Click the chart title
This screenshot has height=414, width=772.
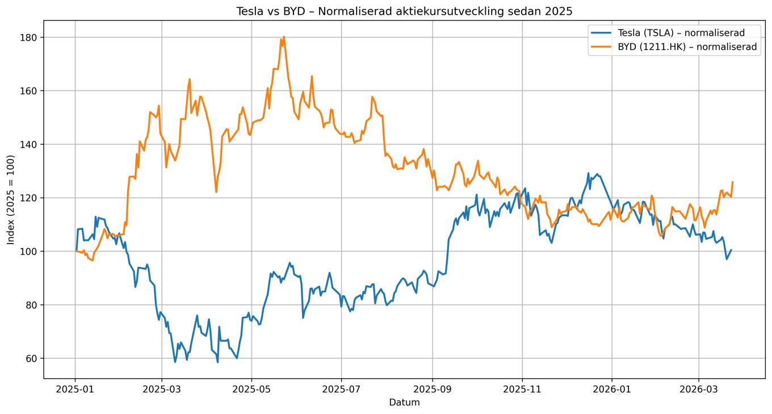(404, 11)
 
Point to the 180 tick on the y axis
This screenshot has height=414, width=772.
(30, 37)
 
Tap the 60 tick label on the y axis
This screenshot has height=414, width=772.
(32, 358)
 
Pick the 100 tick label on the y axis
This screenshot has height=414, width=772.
(30, 252)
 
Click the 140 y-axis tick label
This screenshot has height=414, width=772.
(30, 144)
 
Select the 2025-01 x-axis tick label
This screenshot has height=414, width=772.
(75, 390)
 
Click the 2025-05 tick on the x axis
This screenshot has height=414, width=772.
(251, 390)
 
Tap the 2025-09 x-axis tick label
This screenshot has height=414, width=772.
(433, 390)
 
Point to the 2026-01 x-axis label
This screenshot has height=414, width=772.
(612, 390)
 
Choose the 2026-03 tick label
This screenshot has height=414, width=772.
(699, 390)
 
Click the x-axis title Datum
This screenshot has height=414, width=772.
(404, 403)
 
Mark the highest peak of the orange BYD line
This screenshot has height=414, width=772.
(284, 37)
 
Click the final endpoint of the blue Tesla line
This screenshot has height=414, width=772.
(731, 250)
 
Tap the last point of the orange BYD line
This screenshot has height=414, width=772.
(732, 182)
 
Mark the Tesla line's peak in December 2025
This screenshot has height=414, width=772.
(588, 173)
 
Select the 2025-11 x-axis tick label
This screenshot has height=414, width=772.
(522, 390)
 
